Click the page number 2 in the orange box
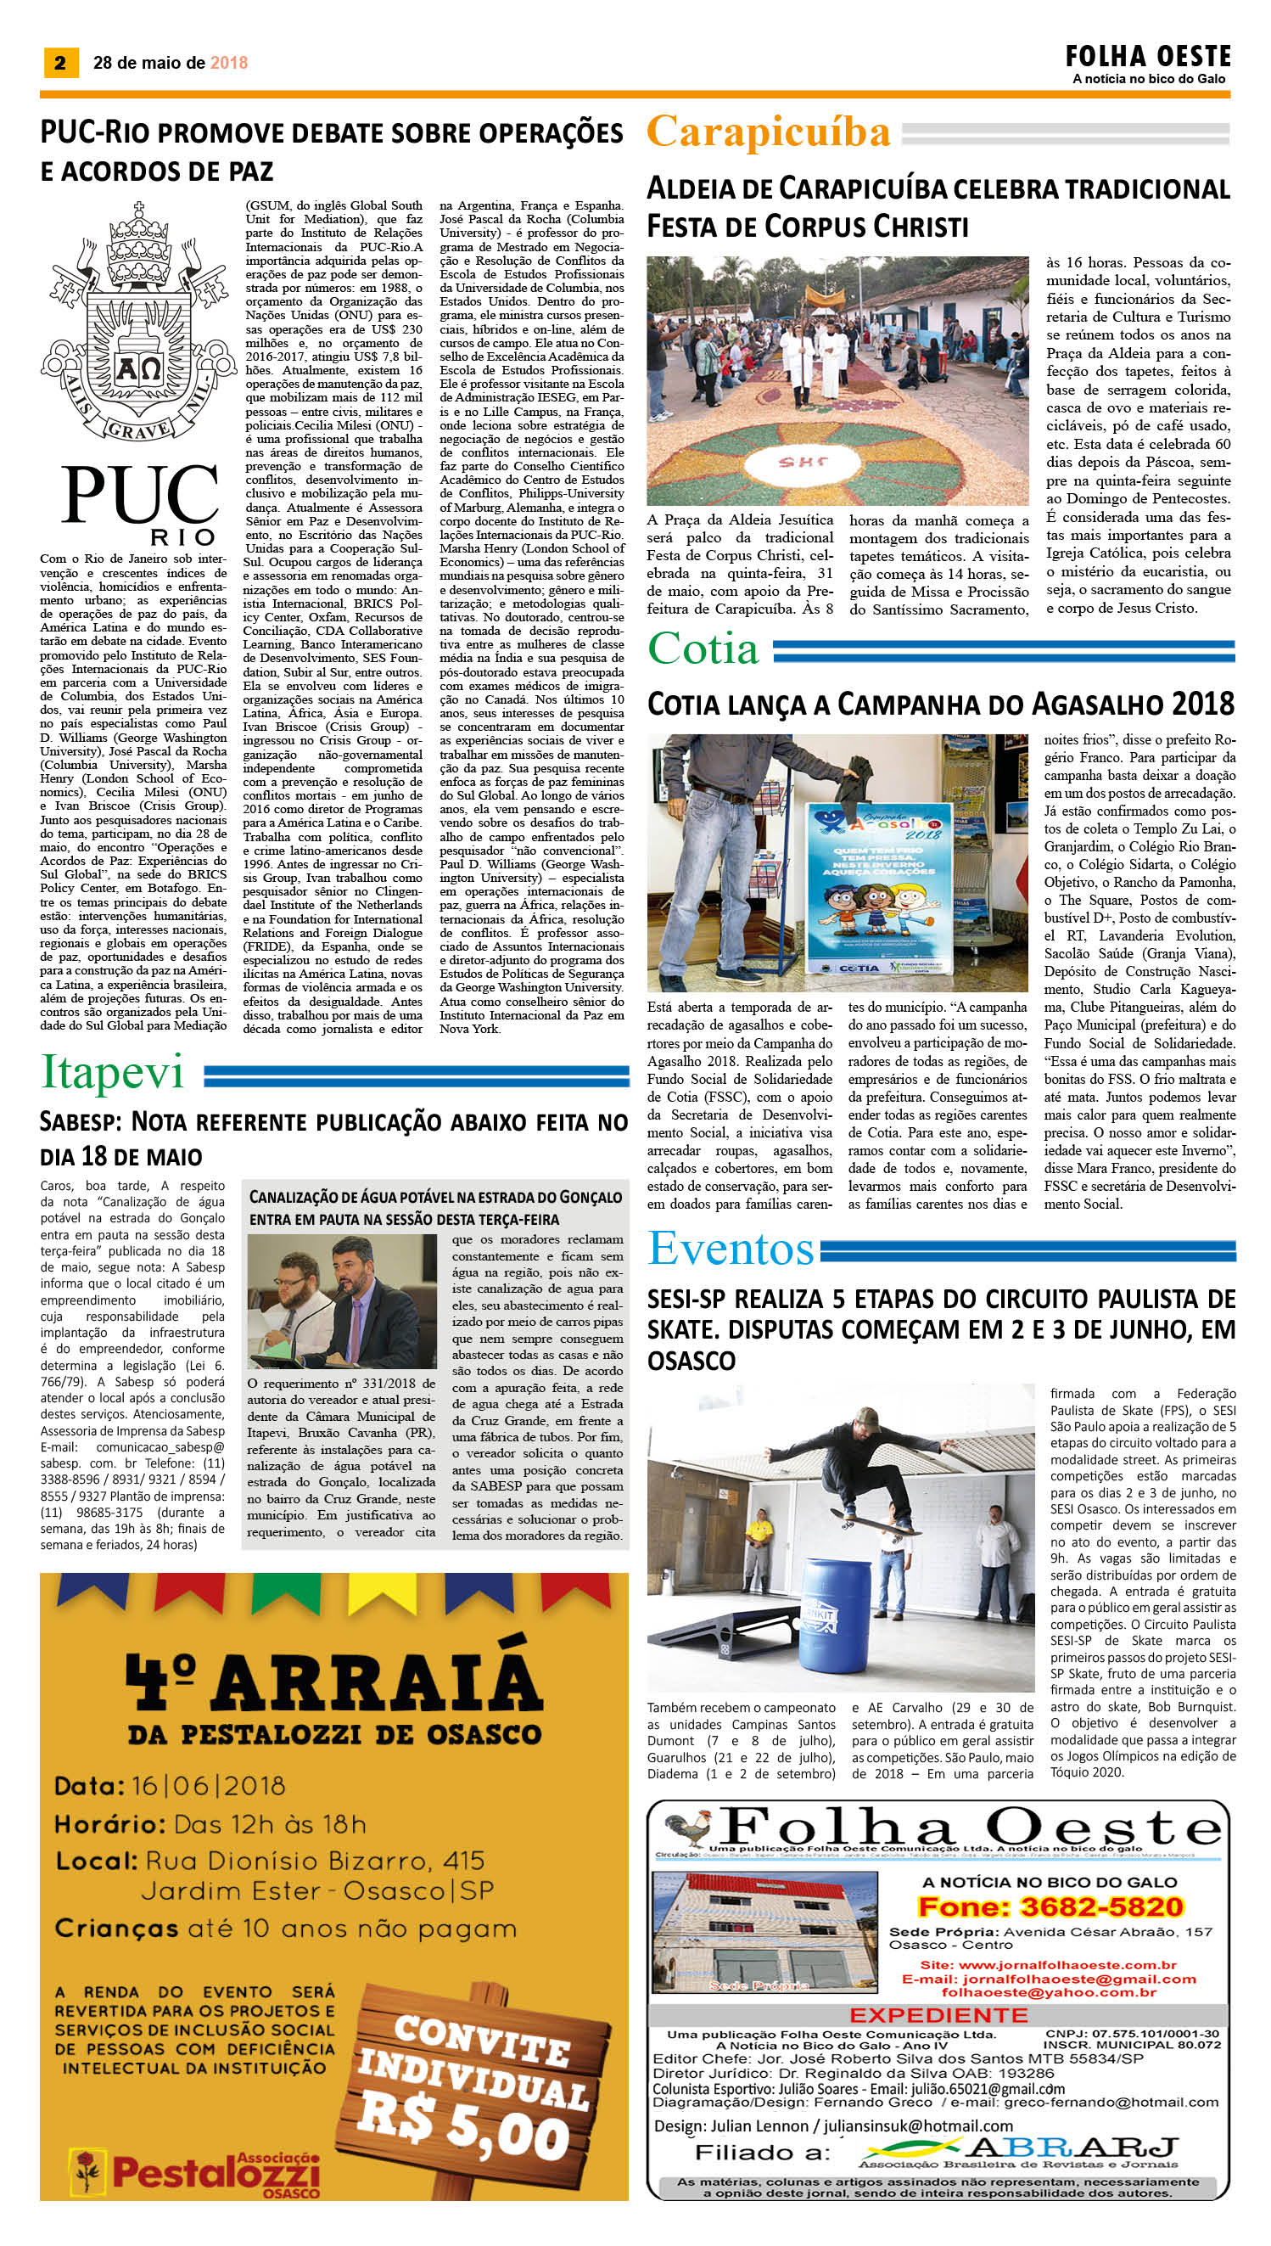[x=60, y=63]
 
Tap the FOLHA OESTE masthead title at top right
[x=1147, y=58]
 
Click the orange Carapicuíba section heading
[x=768, y=132]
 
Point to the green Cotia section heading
[x=703, y=649]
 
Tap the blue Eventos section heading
[x=731, y=1249]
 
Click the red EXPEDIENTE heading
[x=938, y=2014]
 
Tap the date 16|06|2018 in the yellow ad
[x=210, y=1787]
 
